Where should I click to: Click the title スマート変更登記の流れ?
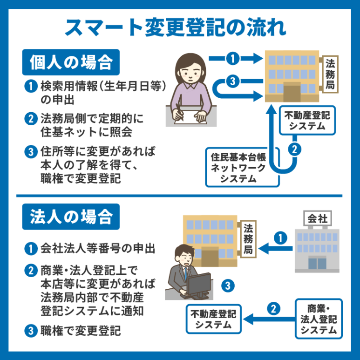pyautogui.click(x=180, y=27)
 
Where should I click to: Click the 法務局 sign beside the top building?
pyautogui.click(x=330, y=75)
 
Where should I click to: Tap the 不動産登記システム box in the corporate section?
pyautogui.click(x=213, y=319)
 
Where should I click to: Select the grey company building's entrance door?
pyautogui.click(x=317, y=263)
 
